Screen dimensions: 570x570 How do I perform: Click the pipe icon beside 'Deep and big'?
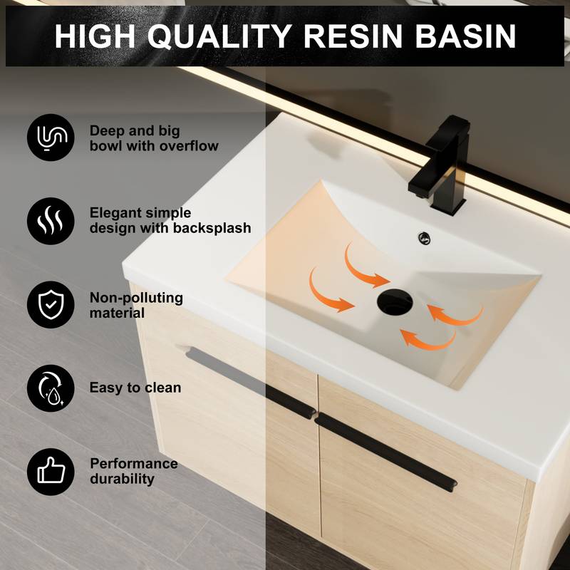tap(51, 138)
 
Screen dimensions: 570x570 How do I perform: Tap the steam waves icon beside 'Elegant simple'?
tap(51, 221)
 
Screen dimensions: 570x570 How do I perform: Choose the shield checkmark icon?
tap(51, 305)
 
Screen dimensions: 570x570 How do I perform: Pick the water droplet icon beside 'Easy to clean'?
tap(51, 388)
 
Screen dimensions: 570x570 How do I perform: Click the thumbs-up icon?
tap(51, 471)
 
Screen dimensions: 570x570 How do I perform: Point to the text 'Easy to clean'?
tap(135, 388)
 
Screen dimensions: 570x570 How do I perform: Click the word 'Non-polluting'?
tap(136, 297)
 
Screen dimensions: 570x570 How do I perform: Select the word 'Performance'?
tap(134, 464)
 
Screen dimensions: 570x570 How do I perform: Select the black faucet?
tap(440, 161)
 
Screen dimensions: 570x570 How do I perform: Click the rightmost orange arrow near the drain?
tap(457, 316)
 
